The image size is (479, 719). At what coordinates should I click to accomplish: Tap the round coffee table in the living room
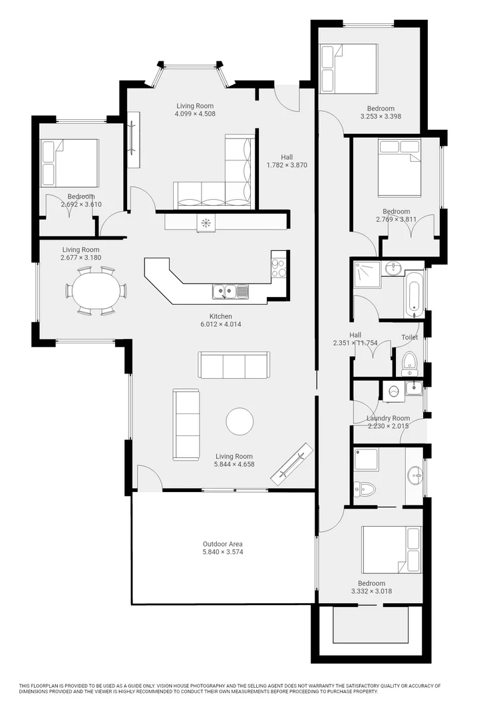click(x=239, y=421)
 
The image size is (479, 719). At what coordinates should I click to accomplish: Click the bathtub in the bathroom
click(x=413, y=294)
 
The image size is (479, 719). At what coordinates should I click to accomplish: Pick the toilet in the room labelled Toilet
click(x=409, y=363)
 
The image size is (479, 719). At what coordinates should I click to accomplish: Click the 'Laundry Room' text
click(x=388, y=418)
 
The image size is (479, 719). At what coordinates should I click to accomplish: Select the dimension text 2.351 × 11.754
click(x=355, y=344)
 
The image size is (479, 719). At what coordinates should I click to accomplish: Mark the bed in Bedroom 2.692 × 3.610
click(x=69, y=163)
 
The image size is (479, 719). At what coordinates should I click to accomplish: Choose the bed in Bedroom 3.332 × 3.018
click(x=391, y=549)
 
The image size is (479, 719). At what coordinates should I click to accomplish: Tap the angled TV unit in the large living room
click(x=292, y=464)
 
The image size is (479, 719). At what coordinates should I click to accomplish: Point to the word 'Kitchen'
click(x=221, y=316)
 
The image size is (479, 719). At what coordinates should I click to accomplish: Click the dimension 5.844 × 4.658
click(x=234, y=465)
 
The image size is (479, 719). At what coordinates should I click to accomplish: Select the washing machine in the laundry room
click(x=393, y=391)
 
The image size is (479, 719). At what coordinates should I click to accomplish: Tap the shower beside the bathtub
click(x=367, y=274)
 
